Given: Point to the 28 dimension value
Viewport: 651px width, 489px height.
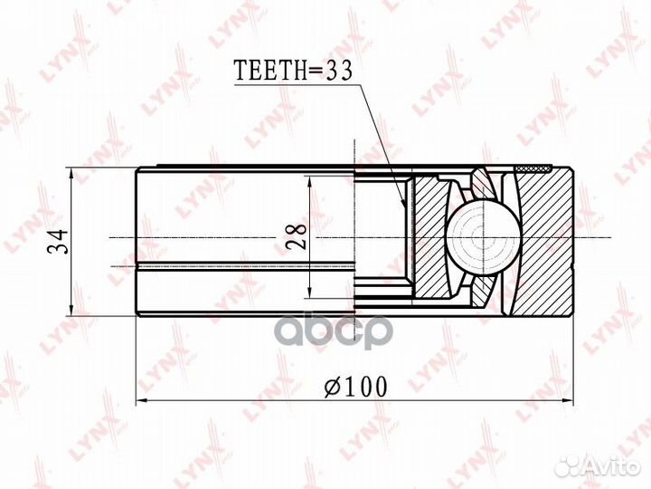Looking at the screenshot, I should pyautogui.click(x=296, y=237).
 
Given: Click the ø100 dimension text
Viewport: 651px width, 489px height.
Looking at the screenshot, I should pyautogui.click(x=354, y=387).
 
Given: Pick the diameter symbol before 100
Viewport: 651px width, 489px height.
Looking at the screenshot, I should pyautogui.click(x=331, y=388).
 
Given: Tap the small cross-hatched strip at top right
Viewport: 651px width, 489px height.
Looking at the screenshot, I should pyautogui.click(x=533, y=169).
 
